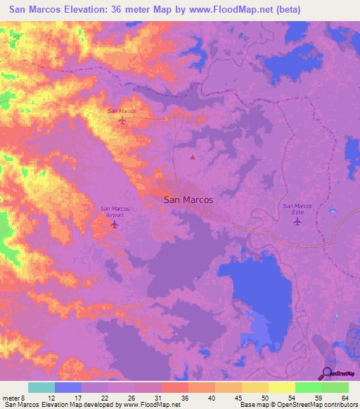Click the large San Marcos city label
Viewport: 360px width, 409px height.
click(188, 200)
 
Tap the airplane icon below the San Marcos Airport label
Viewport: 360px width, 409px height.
click(114, 224)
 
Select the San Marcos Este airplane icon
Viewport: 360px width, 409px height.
click(297, 221)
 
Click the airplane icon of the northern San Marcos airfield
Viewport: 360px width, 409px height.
click(122, 121)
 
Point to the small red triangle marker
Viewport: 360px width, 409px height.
click(193, 157)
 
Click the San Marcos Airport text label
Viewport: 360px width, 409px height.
click(114, 212)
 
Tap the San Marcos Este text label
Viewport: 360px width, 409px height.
click(297, 209)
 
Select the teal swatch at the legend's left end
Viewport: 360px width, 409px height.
click(41, 387)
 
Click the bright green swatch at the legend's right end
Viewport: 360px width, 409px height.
click(335, 387)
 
